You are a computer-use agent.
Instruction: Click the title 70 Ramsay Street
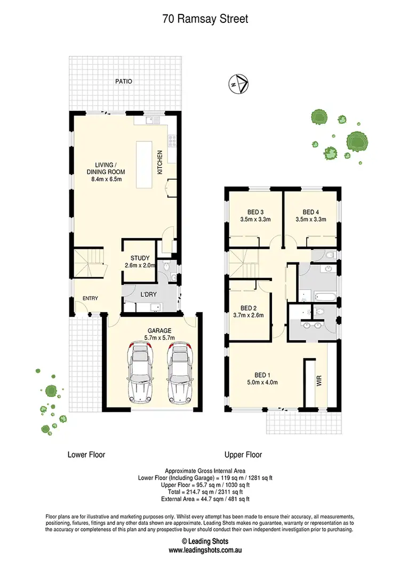pyautogui.click(x=205, y=19)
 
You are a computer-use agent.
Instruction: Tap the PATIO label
pyautogui.click(x=124, y=82)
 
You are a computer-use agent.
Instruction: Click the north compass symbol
pyautogui.click(x=238, y=84)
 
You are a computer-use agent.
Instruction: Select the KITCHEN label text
pyautogui.click(x=159, y=163)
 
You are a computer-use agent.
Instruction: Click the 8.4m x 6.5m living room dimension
pyautogui.click(x=106, y=179)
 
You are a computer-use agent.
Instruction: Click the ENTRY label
pyautogui.click(x=90, y=298)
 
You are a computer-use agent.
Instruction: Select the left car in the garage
pyautogui.click(x=139, y=373)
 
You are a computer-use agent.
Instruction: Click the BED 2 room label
pyautogui.click(x=249, y=308)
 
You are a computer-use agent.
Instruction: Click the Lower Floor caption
pyautogui.click(x=86, y=455)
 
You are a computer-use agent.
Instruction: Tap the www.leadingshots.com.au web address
pyautogui.click(x=199, y=550)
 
